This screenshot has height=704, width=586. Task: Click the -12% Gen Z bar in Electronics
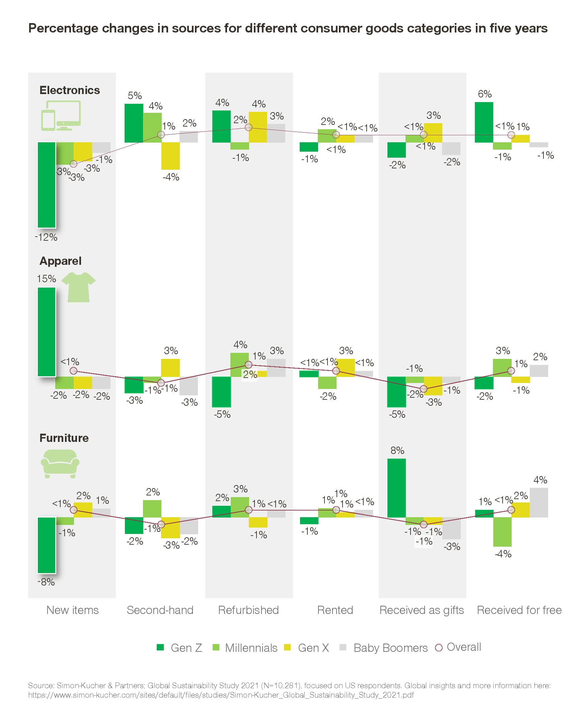click(47, 185)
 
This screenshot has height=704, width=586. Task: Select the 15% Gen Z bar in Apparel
click(47, 332)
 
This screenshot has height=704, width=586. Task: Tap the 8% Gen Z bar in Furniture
click(396, 488)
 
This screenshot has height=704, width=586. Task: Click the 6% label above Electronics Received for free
click(485, 94)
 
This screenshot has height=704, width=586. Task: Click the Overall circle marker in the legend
click(438, 648)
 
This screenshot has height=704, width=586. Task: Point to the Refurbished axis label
click(248, 610)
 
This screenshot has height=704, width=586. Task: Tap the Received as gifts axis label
click(421, 610)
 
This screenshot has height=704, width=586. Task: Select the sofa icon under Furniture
click(60, 464)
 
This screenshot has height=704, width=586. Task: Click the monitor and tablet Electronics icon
click(61, 115)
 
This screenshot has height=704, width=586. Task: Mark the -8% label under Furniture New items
click(46, 582)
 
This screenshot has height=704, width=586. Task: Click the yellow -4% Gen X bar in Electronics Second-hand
click(170, 156)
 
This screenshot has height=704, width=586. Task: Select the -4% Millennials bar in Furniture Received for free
click(502, 532)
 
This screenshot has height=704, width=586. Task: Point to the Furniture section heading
click(64, 438)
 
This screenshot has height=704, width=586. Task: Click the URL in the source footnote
click(221, 695)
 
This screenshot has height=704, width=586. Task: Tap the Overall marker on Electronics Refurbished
click(248, 128)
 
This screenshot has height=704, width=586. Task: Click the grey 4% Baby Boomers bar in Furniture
click(539, 502)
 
